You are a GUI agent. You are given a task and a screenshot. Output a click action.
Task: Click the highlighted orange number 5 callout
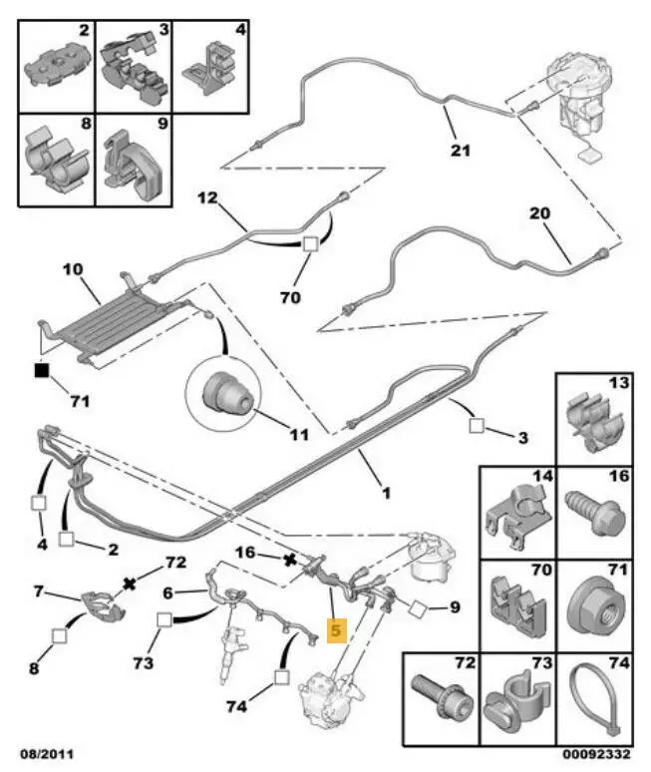(335, 630)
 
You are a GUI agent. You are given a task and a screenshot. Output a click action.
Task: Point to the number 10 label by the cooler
(74, 270)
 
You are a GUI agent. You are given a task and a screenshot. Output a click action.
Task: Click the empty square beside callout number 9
(417, 607)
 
